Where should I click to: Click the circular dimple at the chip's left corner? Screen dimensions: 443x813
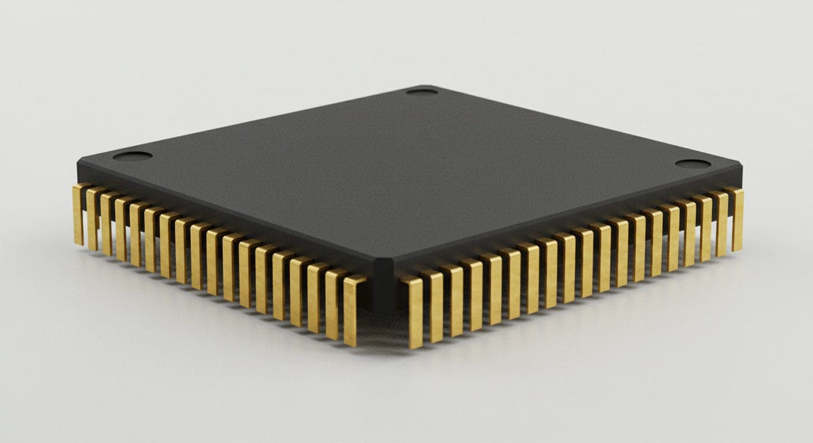pos(132,156)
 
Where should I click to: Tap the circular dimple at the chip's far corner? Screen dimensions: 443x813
pos(422,91)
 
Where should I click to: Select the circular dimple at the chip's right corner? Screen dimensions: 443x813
pos(692,164)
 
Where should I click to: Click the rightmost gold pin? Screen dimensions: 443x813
pos(737,219)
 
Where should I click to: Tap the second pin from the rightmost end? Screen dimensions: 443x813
pos(721,224)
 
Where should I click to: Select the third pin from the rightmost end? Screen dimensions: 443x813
pos(705,228)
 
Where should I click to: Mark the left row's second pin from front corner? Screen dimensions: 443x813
pos(333,303)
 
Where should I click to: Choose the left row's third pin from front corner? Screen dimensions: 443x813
pos(315,298)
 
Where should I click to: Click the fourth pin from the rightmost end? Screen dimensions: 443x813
pos(688,232)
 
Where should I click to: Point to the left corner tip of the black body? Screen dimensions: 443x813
pos(79,164)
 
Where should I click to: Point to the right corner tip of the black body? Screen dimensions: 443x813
pos(741,169)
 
